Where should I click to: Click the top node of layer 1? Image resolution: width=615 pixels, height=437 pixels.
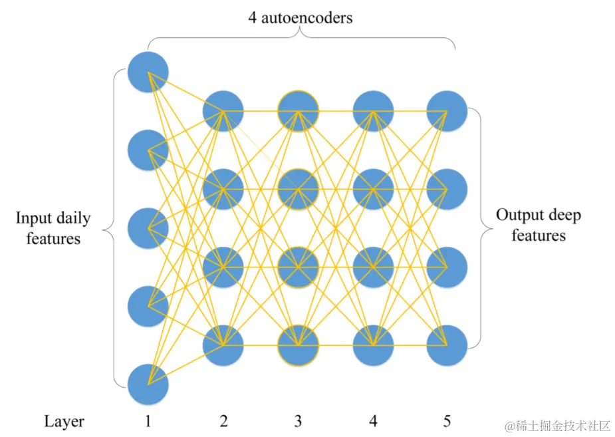[148, 71]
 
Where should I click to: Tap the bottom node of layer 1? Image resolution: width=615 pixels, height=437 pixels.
[148, 384]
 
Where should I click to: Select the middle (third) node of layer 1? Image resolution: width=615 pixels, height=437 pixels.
[148, 228]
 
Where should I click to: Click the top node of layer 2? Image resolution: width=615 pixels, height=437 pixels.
[223, 110]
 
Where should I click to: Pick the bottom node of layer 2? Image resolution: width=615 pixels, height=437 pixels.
[223, 345]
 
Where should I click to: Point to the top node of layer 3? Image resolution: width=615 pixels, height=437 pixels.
[299, 110]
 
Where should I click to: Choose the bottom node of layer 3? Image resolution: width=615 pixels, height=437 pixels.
[299, 345]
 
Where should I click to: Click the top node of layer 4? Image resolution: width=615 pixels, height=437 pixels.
[373, 110]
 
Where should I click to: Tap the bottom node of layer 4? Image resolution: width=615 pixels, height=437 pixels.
[373, 345]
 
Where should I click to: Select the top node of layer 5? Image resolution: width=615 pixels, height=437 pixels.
[447, 110]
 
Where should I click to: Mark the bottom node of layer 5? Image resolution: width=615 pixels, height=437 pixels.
[447, 345]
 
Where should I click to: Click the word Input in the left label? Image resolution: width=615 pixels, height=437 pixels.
[33, 218]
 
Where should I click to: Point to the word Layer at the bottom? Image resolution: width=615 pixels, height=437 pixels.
[64, 421]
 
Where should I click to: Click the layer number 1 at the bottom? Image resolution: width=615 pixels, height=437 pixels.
[148, 421]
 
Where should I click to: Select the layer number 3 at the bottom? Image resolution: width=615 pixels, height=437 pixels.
[298, 421]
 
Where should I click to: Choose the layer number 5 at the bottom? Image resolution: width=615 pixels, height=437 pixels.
[447, 421]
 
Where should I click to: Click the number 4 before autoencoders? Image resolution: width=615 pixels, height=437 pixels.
[253, 17]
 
